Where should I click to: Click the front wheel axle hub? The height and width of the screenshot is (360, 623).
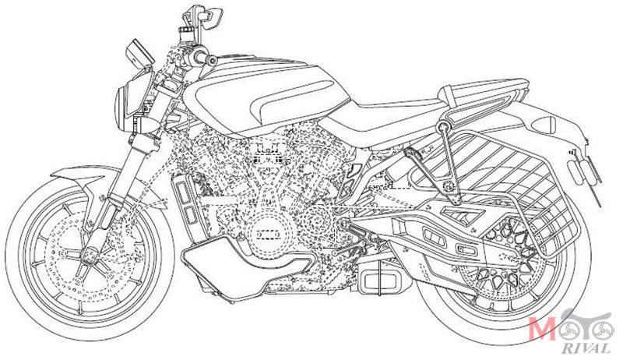pyautogui.click(x=90, y=254)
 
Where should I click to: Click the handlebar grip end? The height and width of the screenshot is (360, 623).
pyautogui.click(x=211, y=61)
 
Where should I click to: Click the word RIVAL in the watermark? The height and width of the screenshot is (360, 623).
pyautogui.click(x=586, y=348)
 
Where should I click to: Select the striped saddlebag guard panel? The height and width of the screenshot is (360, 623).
pyautogui.click(x=489, y=167)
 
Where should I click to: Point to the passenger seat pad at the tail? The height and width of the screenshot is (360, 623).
pyautogui.click(x=483, y=92)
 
